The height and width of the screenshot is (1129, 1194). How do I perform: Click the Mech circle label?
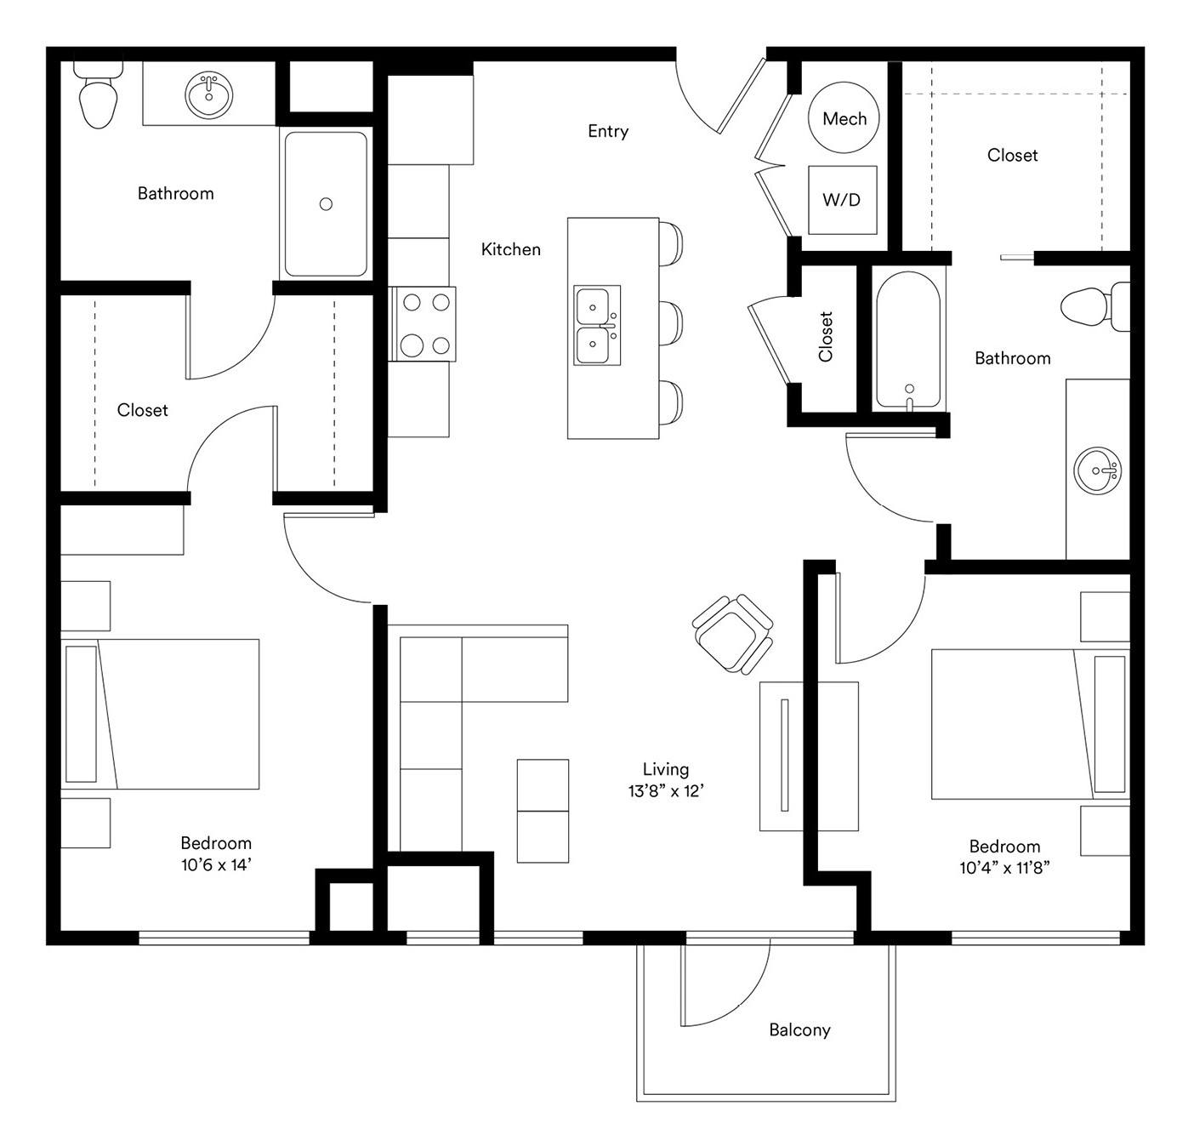pos(844,118)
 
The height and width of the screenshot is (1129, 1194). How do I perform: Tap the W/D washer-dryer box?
pos(842,199)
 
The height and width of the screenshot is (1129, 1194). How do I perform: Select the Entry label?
pos(607,131)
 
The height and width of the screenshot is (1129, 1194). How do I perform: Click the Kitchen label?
pos(510,248)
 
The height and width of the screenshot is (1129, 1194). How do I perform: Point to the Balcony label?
pos(799,1029)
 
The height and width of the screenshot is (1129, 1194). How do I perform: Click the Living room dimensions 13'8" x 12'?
pos(666,790)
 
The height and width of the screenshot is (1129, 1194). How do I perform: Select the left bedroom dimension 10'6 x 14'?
pos(216,864)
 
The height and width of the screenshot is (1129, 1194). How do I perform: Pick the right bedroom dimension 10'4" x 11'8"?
pos(1004,867)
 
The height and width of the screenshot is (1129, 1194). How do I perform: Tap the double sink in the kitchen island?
pos(597,325)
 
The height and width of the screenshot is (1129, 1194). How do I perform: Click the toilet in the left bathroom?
pos(98,94)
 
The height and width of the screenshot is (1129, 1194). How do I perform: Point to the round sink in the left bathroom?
pos(209,95)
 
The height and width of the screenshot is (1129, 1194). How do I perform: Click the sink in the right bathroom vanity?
pos(1097,470)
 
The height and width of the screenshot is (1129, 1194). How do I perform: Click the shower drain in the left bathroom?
pos(326,204)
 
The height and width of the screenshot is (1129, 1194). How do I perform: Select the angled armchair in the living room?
pos(732,634)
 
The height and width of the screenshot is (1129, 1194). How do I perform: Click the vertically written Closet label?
pos(826,337)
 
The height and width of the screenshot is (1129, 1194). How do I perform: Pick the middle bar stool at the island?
pos(670,323)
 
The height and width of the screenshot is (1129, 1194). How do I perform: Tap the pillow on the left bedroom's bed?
pos(81,713)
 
